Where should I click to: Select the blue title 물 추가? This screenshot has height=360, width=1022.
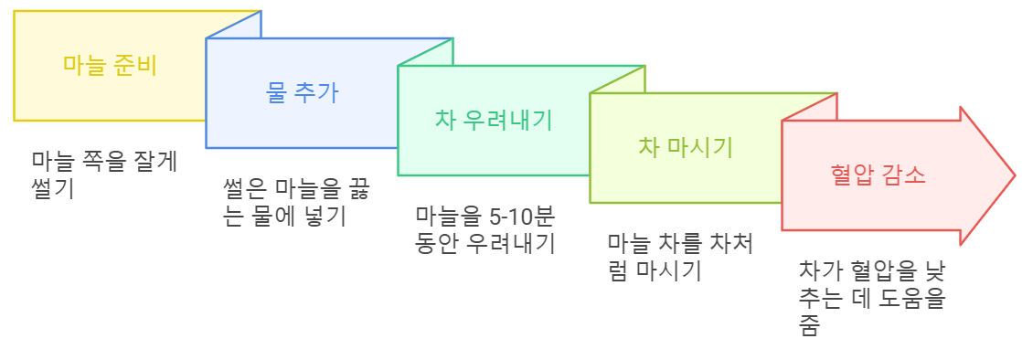coord(303,92)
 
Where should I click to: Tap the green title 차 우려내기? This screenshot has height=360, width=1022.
coord(494,120)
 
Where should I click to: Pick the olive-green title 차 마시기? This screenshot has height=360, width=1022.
coord(685,147)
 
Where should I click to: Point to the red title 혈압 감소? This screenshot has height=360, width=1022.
coord(878,175)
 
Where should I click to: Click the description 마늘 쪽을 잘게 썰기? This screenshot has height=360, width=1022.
coord(104,175)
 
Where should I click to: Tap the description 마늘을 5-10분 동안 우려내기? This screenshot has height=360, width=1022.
coord(485,230)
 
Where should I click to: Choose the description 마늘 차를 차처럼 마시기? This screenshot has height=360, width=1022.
coord(680,258)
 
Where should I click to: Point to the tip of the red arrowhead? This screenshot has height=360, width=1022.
coord(1014,175)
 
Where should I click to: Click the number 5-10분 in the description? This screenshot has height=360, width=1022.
coord(522,217)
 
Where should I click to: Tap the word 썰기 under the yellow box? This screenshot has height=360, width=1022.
coord(52,189)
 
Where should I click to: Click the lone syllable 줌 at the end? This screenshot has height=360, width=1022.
coord(808,326)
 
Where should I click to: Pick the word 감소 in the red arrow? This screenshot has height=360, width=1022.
coord(904,175)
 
